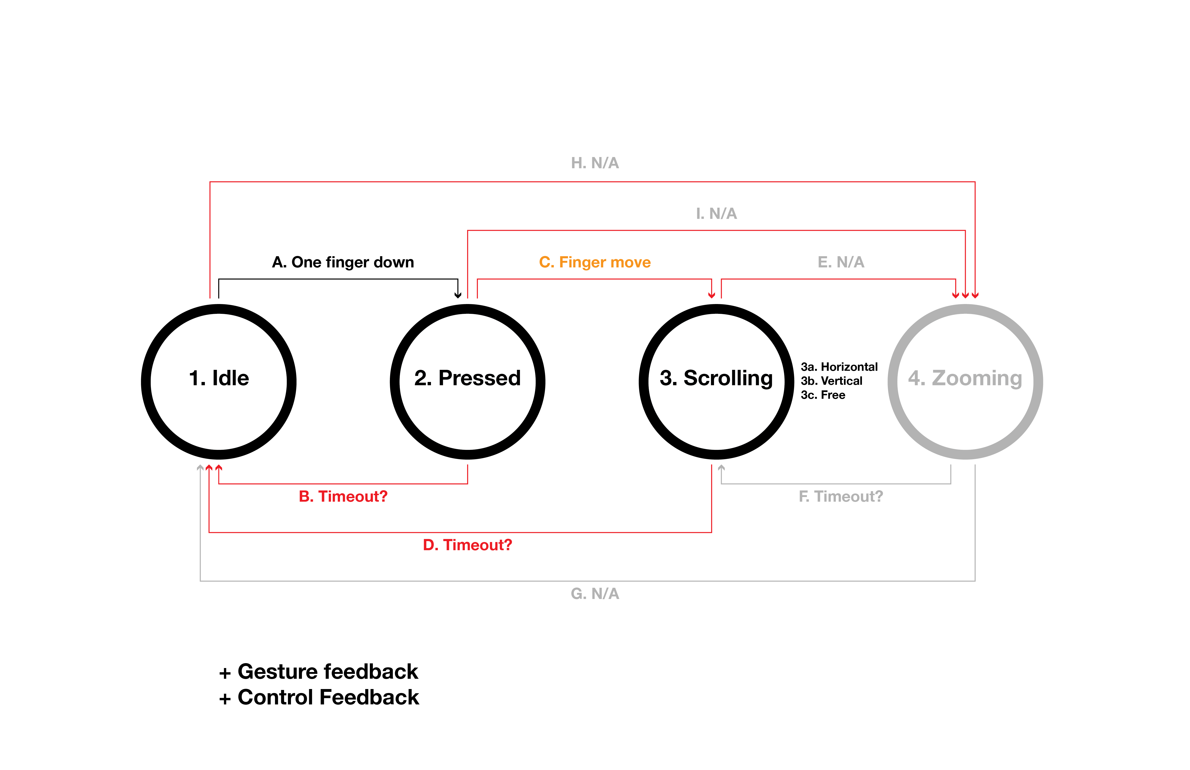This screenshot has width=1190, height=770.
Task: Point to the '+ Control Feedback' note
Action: [x=318, y=697]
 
